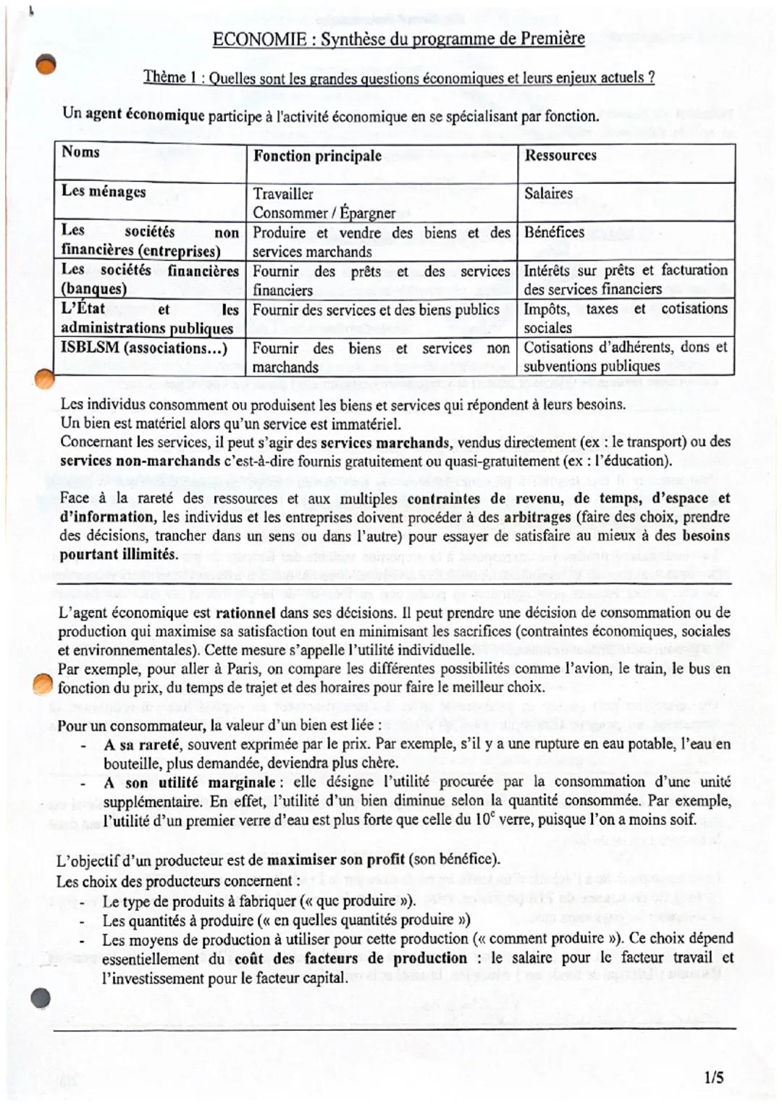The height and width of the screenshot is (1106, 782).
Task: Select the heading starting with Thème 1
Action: pos(398,77)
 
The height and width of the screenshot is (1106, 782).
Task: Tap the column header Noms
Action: pos(80,152)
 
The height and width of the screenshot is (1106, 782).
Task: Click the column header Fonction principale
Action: pos(317,156)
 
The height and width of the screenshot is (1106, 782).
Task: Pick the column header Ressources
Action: pos(560,155)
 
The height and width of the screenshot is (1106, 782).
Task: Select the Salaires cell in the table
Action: pos(548,193)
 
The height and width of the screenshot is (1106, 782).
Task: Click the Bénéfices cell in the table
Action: pos(554,232)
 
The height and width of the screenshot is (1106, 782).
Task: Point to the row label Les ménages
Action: pos(104,191)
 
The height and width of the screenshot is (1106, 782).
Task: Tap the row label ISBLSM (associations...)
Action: pos(143,348)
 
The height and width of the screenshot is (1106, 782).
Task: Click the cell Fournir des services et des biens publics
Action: pos(376,309)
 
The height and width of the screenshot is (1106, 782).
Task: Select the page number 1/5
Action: pos(713,1077)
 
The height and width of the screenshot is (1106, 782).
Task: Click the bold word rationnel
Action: pos(245,613)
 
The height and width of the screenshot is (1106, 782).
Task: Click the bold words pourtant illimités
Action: pos(118,555)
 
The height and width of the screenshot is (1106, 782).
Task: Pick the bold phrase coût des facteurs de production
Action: pos(351,958)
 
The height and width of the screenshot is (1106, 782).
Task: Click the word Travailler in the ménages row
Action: pos(283,194)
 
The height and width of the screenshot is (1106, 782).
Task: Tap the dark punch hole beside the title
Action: pos(46,65)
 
